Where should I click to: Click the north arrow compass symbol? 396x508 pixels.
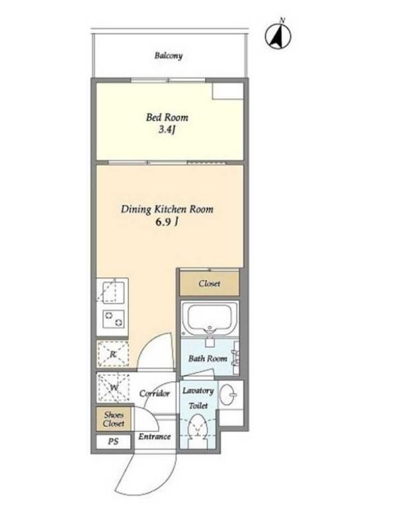[278, 35]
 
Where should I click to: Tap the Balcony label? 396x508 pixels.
[169, 56]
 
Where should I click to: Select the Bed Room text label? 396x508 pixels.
[167, 117]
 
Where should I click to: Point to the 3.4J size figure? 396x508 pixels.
[167, 130]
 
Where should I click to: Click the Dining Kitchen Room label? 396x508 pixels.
[167, 209]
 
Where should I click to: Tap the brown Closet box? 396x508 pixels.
[210, 284]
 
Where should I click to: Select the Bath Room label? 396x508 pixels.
[208, 359]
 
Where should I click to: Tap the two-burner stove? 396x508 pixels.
[113, 319]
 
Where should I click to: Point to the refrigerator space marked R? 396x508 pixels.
[113, 354]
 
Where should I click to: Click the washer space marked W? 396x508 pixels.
[113, 387]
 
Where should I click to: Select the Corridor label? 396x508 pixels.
[155, 394]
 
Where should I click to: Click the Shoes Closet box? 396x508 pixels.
[114, 419]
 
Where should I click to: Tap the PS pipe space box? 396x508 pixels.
[114, 441]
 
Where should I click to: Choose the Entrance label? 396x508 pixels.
[155, 437]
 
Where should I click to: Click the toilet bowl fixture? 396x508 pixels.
[198, 429]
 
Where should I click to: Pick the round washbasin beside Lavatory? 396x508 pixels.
[229, 395]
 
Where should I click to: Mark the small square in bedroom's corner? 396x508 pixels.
[227, 91]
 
